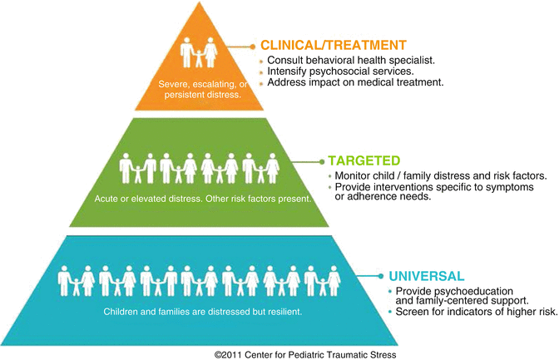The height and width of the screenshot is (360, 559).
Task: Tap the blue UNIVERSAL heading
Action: point(423,274)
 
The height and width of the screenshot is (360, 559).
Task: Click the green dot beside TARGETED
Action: point(319,160)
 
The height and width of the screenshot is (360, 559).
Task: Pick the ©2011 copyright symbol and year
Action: point(232,353)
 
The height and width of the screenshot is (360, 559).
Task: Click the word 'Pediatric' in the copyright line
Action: point(315,353)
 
